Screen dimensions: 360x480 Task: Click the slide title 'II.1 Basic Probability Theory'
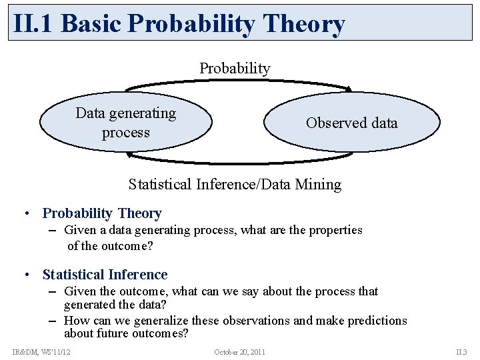(x=179, y=23)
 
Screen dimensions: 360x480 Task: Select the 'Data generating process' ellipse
(x=126, y=123)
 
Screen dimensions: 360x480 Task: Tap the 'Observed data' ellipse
(x=352, y=123)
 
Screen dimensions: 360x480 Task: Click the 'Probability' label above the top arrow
(x=235, y=68)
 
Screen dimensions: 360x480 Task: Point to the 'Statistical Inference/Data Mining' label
(x=235, y=184)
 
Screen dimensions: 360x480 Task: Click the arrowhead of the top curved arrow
(x=347, y=89)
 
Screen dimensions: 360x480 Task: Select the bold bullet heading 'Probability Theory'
(x=102, y=213)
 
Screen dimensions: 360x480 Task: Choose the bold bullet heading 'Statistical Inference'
(x=105, y=275)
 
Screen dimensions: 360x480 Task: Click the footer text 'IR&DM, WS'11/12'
(x=41, y=351)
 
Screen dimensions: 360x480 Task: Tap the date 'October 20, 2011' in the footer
(x=240, y=351)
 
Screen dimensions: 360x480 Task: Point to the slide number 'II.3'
(x=461, y=351)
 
